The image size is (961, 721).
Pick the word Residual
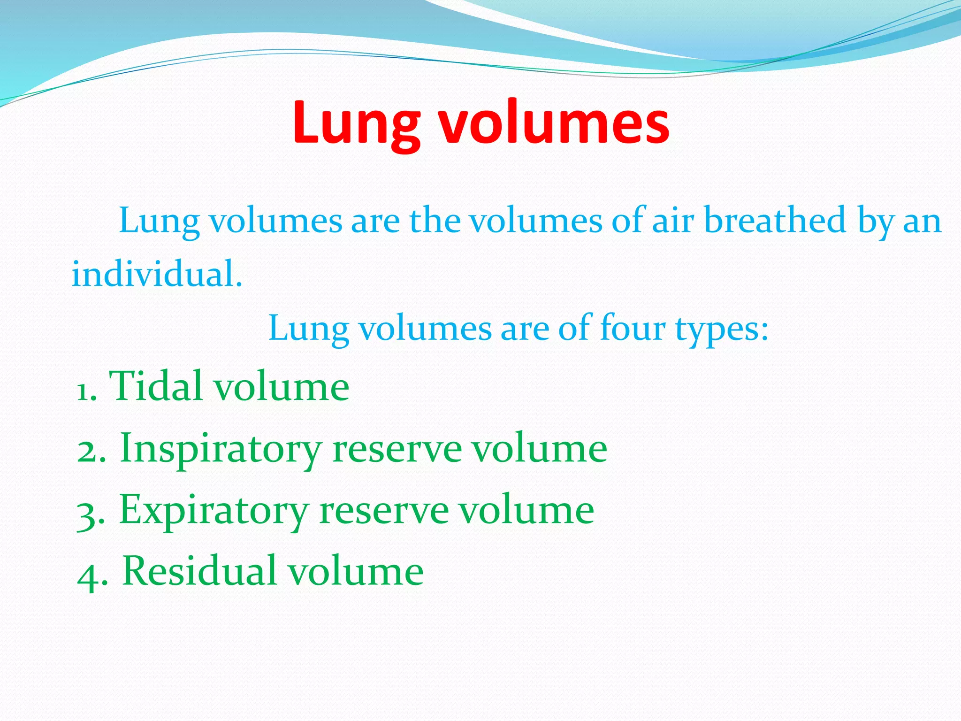[x=199, y=571]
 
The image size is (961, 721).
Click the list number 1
[x=84, y=391]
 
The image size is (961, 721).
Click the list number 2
[x=88, y=452]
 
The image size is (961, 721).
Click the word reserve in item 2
[x=397, y=450]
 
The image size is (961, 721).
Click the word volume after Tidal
[x=282, y=386]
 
